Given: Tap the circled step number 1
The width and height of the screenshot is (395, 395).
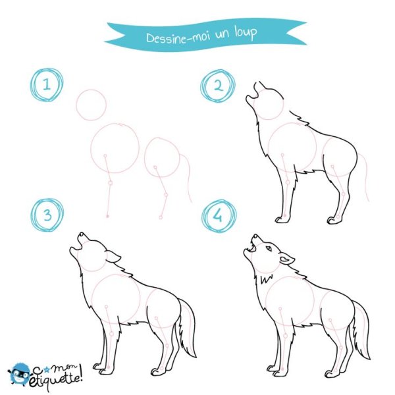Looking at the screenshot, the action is click(x=47, y=85).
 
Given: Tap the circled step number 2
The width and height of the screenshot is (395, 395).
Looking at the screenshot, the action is click(x=218, y=86).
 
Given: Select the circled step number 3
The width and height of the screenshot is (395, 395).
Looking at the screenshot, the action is click(x=47, y=215).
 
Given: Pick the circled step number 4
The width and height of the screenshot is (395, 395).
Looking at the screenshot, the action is click(x=219, y=216).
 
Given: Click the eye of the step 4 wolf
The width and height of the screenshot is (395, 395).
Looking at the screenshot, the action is click(x=269, y=248).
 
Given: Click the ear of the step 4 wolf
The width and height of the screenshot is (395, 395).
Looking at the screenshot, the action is click(x=286, y=259).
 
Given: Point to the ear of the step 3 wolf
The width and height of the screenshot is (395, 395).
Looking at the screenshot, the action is click(x=113, y=257).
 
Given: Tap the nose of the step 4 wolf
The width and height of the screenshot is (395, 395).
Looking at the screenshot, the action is click(x=255, y=236).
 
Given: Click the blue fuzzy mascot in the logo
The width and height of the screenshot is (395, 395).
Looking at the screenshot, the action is click(x=19, y=374).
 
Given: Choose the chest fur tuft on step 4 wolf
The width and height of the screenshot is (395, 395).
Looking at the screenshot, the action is click(x=267, y=278).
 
